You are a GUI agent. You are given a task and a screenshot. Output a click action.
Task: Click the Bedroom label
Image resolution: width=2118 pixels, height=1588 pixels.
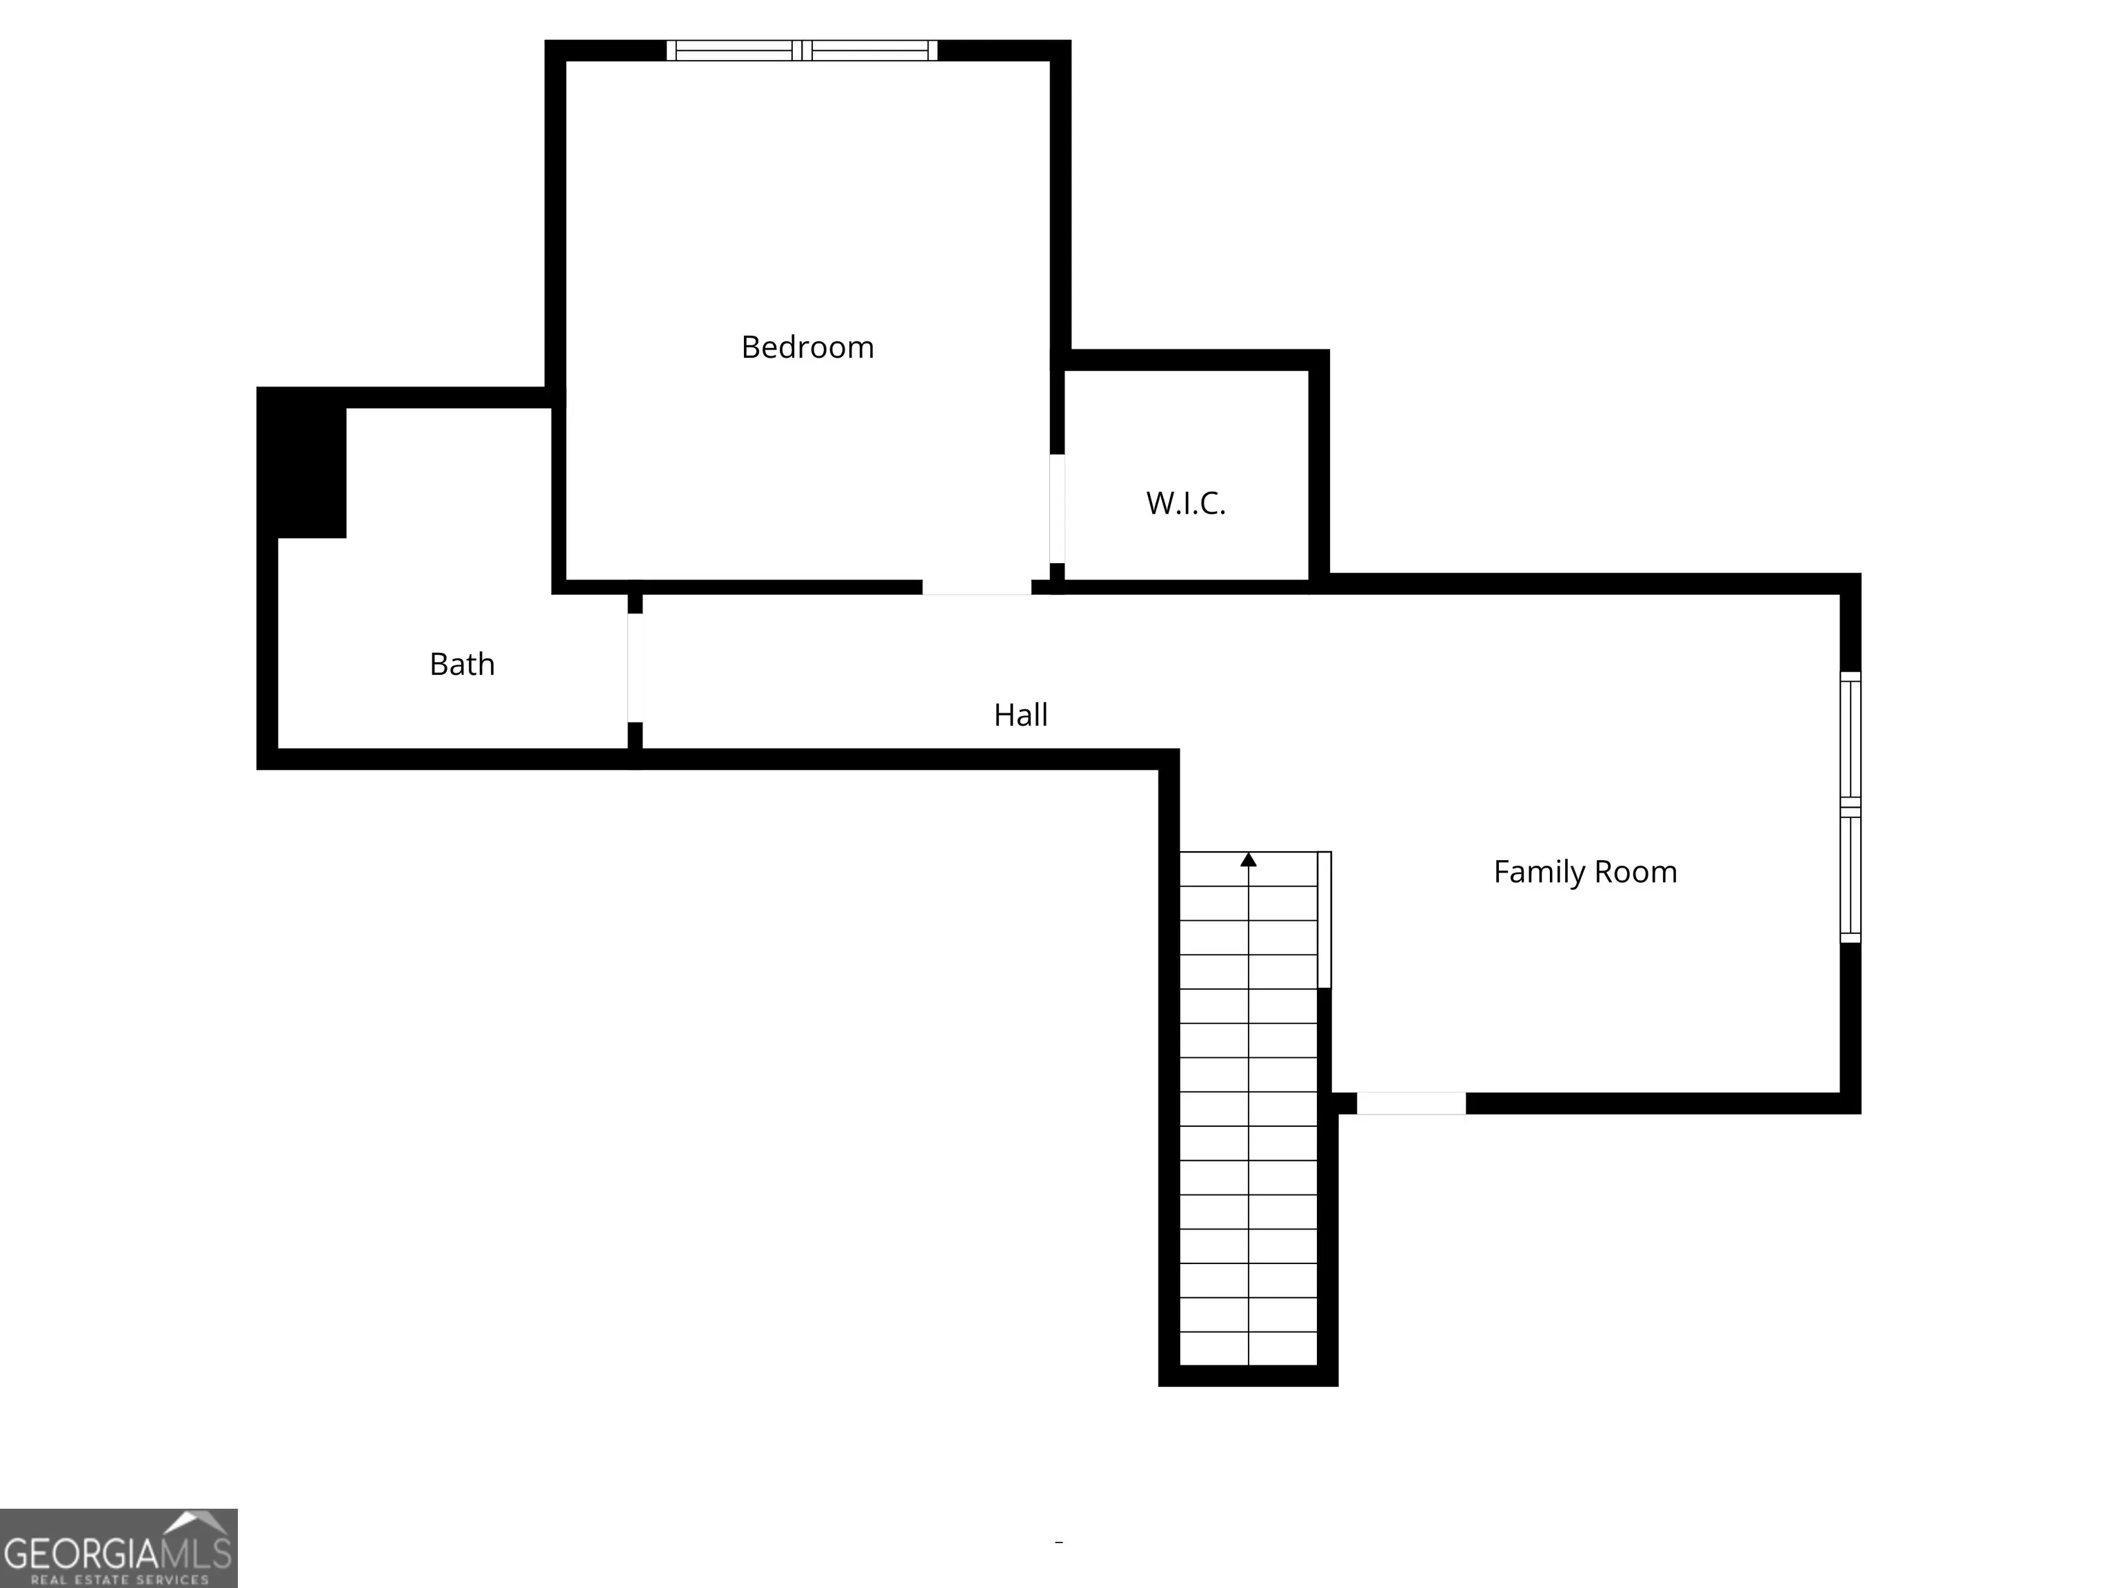[x=807, y=347]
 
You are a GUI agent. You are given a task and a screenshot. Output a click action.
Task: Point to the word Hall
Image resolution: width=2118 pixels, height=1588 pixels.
[x=1020, y=715]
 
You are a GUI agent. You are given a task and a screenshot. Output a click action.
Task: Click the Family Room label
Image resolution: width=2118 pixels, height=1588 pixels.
[x=1584, y=872]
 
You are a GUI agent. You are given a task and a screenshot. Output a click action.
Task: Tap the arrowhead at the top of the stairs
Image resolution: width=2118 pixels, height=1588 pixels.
[x=1249, y=859]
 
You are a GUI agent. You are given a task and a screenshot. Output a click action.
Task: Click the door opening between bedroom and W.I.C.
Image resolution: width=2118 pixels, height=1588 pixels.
[x=1057, y=508]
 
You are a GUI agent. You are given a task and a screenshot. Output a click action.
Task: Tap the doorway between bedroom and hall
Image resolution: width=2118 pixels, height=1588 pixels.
[x=977, y=587]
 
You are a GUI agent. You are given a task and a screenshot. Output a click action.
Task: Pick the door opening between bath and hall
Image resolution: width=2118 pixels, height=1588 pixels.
[x=636, y=667]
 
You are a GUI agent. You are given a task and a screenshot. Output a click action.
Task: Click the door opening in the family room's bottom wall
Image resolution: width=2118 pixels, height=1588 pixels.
[x=1411, y=1103]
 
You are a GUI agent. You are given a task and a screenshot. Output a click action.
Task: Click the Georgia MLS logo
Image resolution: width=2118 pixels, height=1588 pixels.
[x=119, y=1548]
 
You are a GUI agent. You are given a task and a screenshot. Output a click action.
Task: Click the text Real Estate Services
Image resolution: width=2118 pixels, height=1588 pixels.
[x=119, y=1580]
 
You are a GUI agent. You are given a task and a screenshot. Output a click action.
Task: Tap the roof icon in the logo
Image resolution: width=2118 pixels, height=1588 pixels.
[x=197, y=1523]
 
